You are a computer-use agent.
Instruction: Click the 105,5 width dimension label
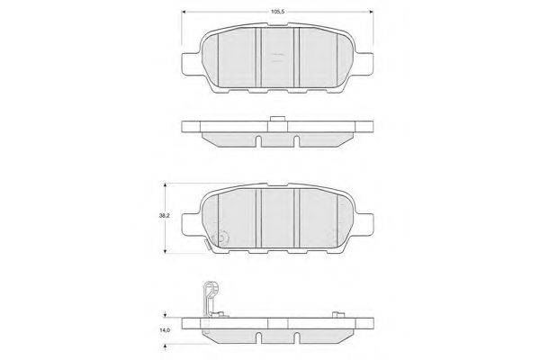[277, 12]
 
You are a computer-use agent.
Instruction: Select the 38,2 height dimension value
[164, 216]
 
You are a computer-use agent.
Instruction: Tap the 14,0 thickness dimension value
[165, 330]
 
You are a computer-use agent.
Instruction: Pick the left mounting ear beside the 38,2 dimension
[191, 225]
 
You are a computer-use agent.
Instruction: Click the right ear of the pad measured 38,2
[364, 225]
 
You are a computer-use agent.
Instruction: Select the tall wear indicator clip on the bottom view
[211, 298]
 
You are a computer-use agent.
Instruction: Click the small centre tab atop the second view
[277, 119]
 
